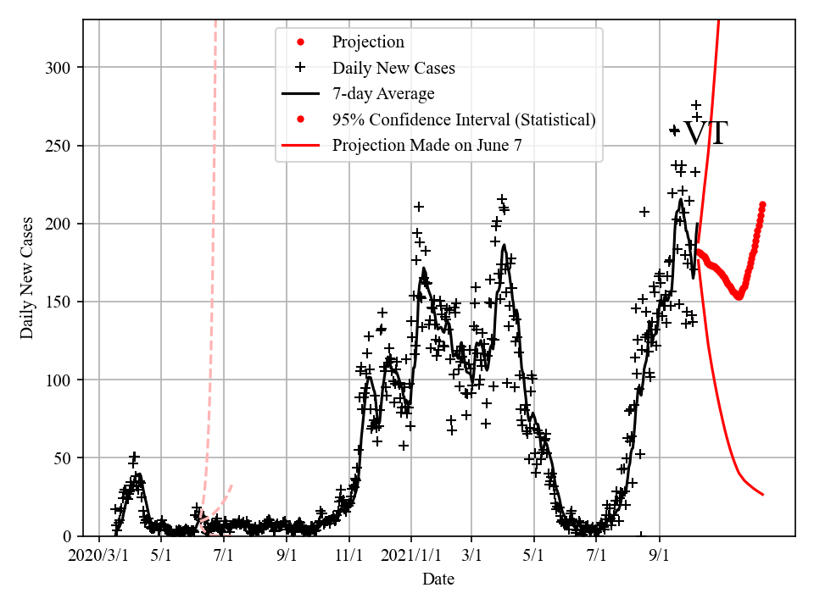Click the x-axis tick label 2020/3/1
(x=99, y=557)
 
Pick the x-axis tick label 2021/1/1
(x=410, y=557)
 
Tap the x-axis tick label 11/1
(x=348, y=557)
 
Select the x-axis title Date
(x=438, y=579)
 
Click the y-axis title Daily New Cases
(x=27, y=278)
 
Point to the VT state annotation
(x=705, y=134)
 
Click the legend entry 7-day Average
(x=383, y=93)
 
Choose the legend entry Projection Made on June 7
(x=427, y=145)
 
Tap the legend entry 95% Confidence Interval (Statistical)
(x=464, y=119)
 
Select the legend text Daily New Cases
(x=393, y=68)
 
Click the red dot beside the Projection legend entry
(x=300, y=42)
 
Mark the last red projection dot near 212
(x=762, y=205)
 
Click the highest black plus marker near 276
(x=696, y=105)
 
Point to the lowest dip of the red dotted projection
(x=739, y=297)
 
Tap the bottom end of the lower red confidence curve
(x=762, y=494)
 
